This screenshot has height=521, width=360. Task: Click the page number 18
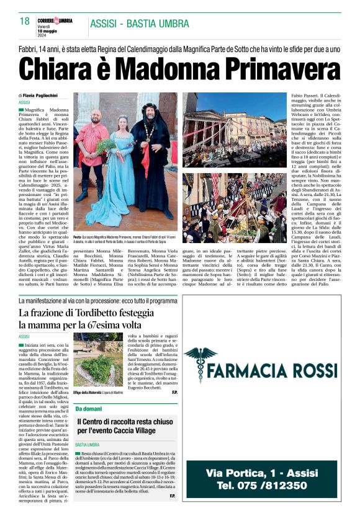tap(25, 22)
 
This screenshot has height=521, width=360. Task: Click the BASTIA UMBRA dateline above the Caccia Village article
tap(88, 445)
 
